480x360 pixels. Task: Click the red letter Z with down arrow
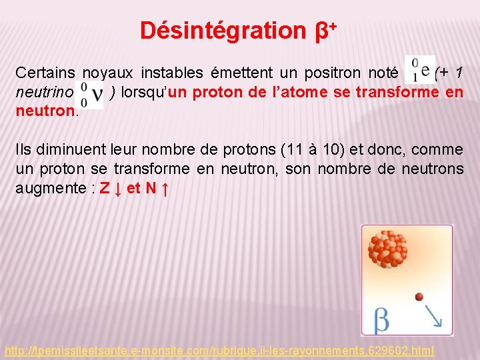109,189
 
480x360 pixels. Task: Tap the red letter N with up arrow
157,189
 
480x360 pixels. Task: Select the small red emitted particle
419,296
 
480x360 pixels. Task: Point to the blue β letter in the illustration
381,320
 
